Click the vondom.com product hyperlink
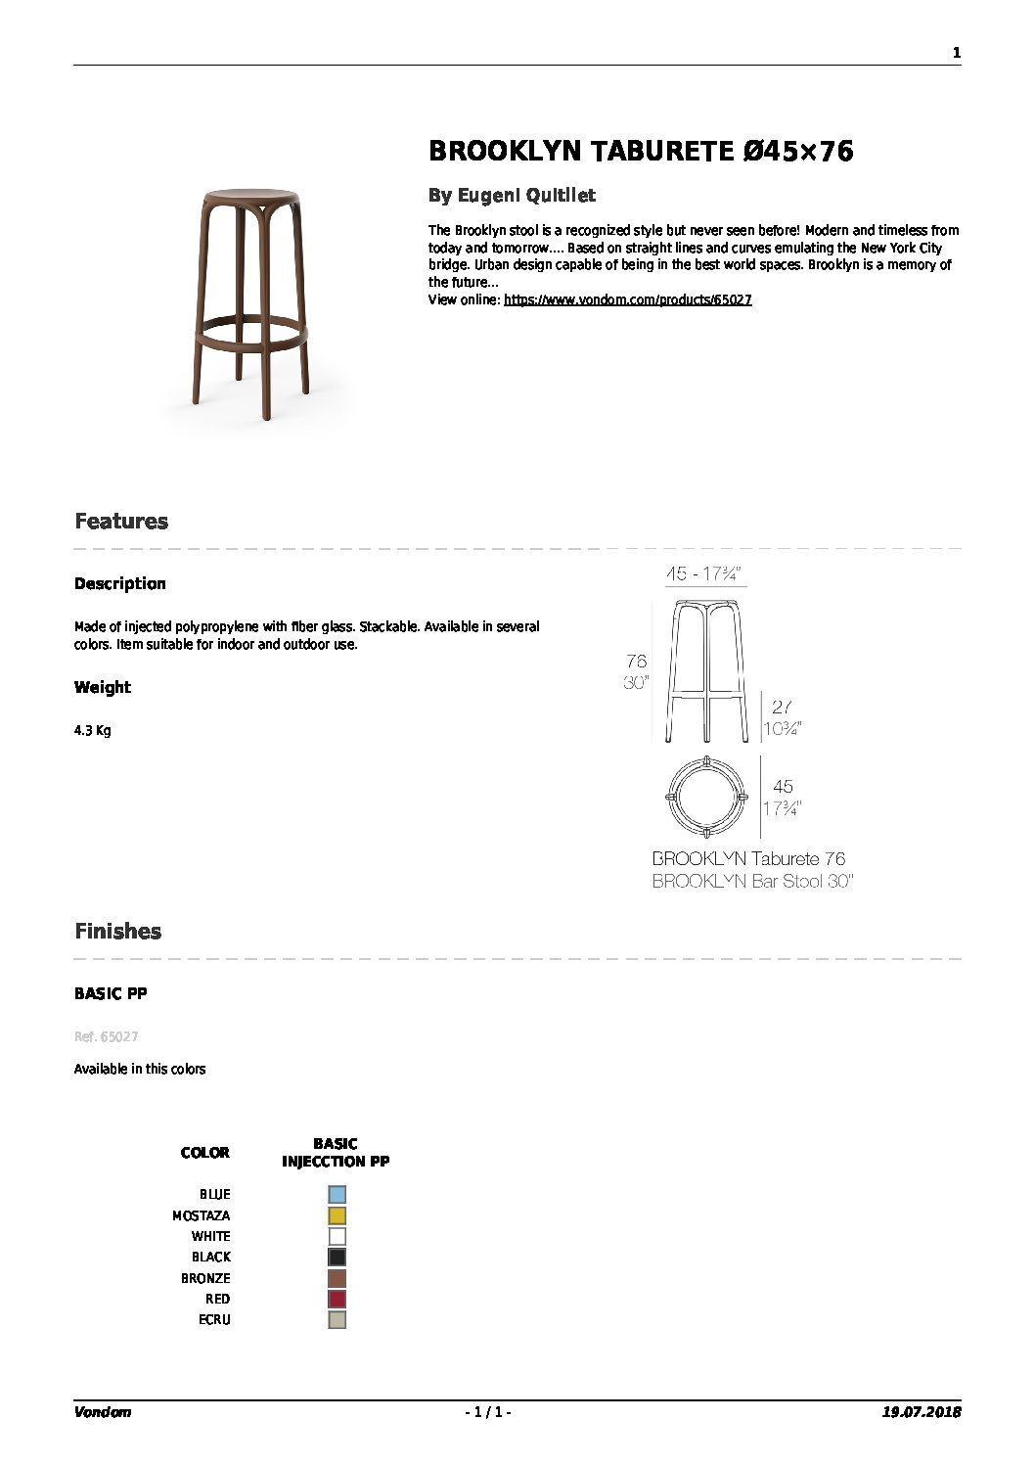coord(627,300)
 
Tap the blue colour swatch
coord(337,1194)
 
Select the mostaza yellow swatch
coord(337,1215)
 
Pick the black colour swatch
coord(337,1258)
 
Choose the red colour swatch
coord(337,1300)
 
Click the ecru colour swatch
coord(337,1320)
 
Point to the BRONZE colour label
coord(205,1278)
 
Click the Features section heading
coord(121,522)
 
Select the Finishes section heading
coord(118,932)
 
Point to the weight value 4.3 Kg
coord(93,731)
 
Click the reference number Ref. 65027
coord(99,1036)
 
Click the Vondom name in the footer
coord(103,1412)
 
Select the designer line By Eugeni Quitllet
coord(512,196)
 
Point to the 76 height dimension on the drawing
coord(636,662)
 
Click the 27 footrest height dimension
coord(782,707)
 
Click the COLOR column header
coord(205,1153)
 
